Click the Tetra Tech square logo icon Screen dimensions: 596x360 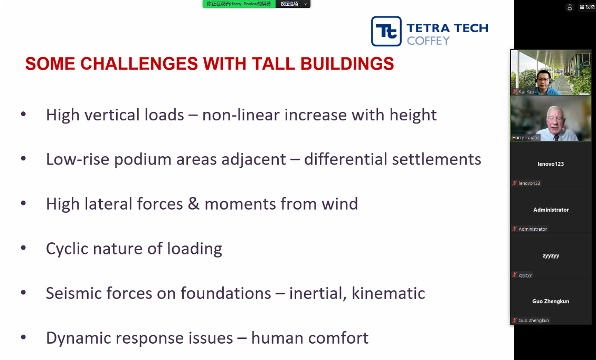click(x=386, y=31)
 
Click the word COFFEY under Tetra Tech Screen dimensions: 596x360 click(x=428, y=41)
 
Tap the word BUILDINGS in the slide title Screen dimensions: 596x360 click(x=347, y=63)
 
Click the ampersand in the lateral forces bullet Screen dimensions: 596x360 click(x=193, y=204)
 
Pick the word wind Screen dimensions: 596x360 click(x=340, y=204)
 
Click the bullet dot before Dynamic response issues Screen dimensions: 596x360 click(x=24, y=337)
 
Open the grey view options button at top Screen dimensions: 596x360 click(x=293, y=4)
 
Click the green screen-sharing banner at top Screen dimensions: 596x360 click(x=239, y=4)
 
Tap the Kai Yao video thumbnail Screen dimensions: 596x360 click(x=551, y=73)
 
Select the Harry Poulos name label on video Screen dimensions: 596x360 click(x=525, y=138)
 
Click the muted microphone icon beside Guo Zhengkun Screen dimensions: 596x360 click(x=515, y=320)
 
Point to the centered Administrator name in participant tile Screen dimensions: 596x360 click(x=551, y=210)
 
